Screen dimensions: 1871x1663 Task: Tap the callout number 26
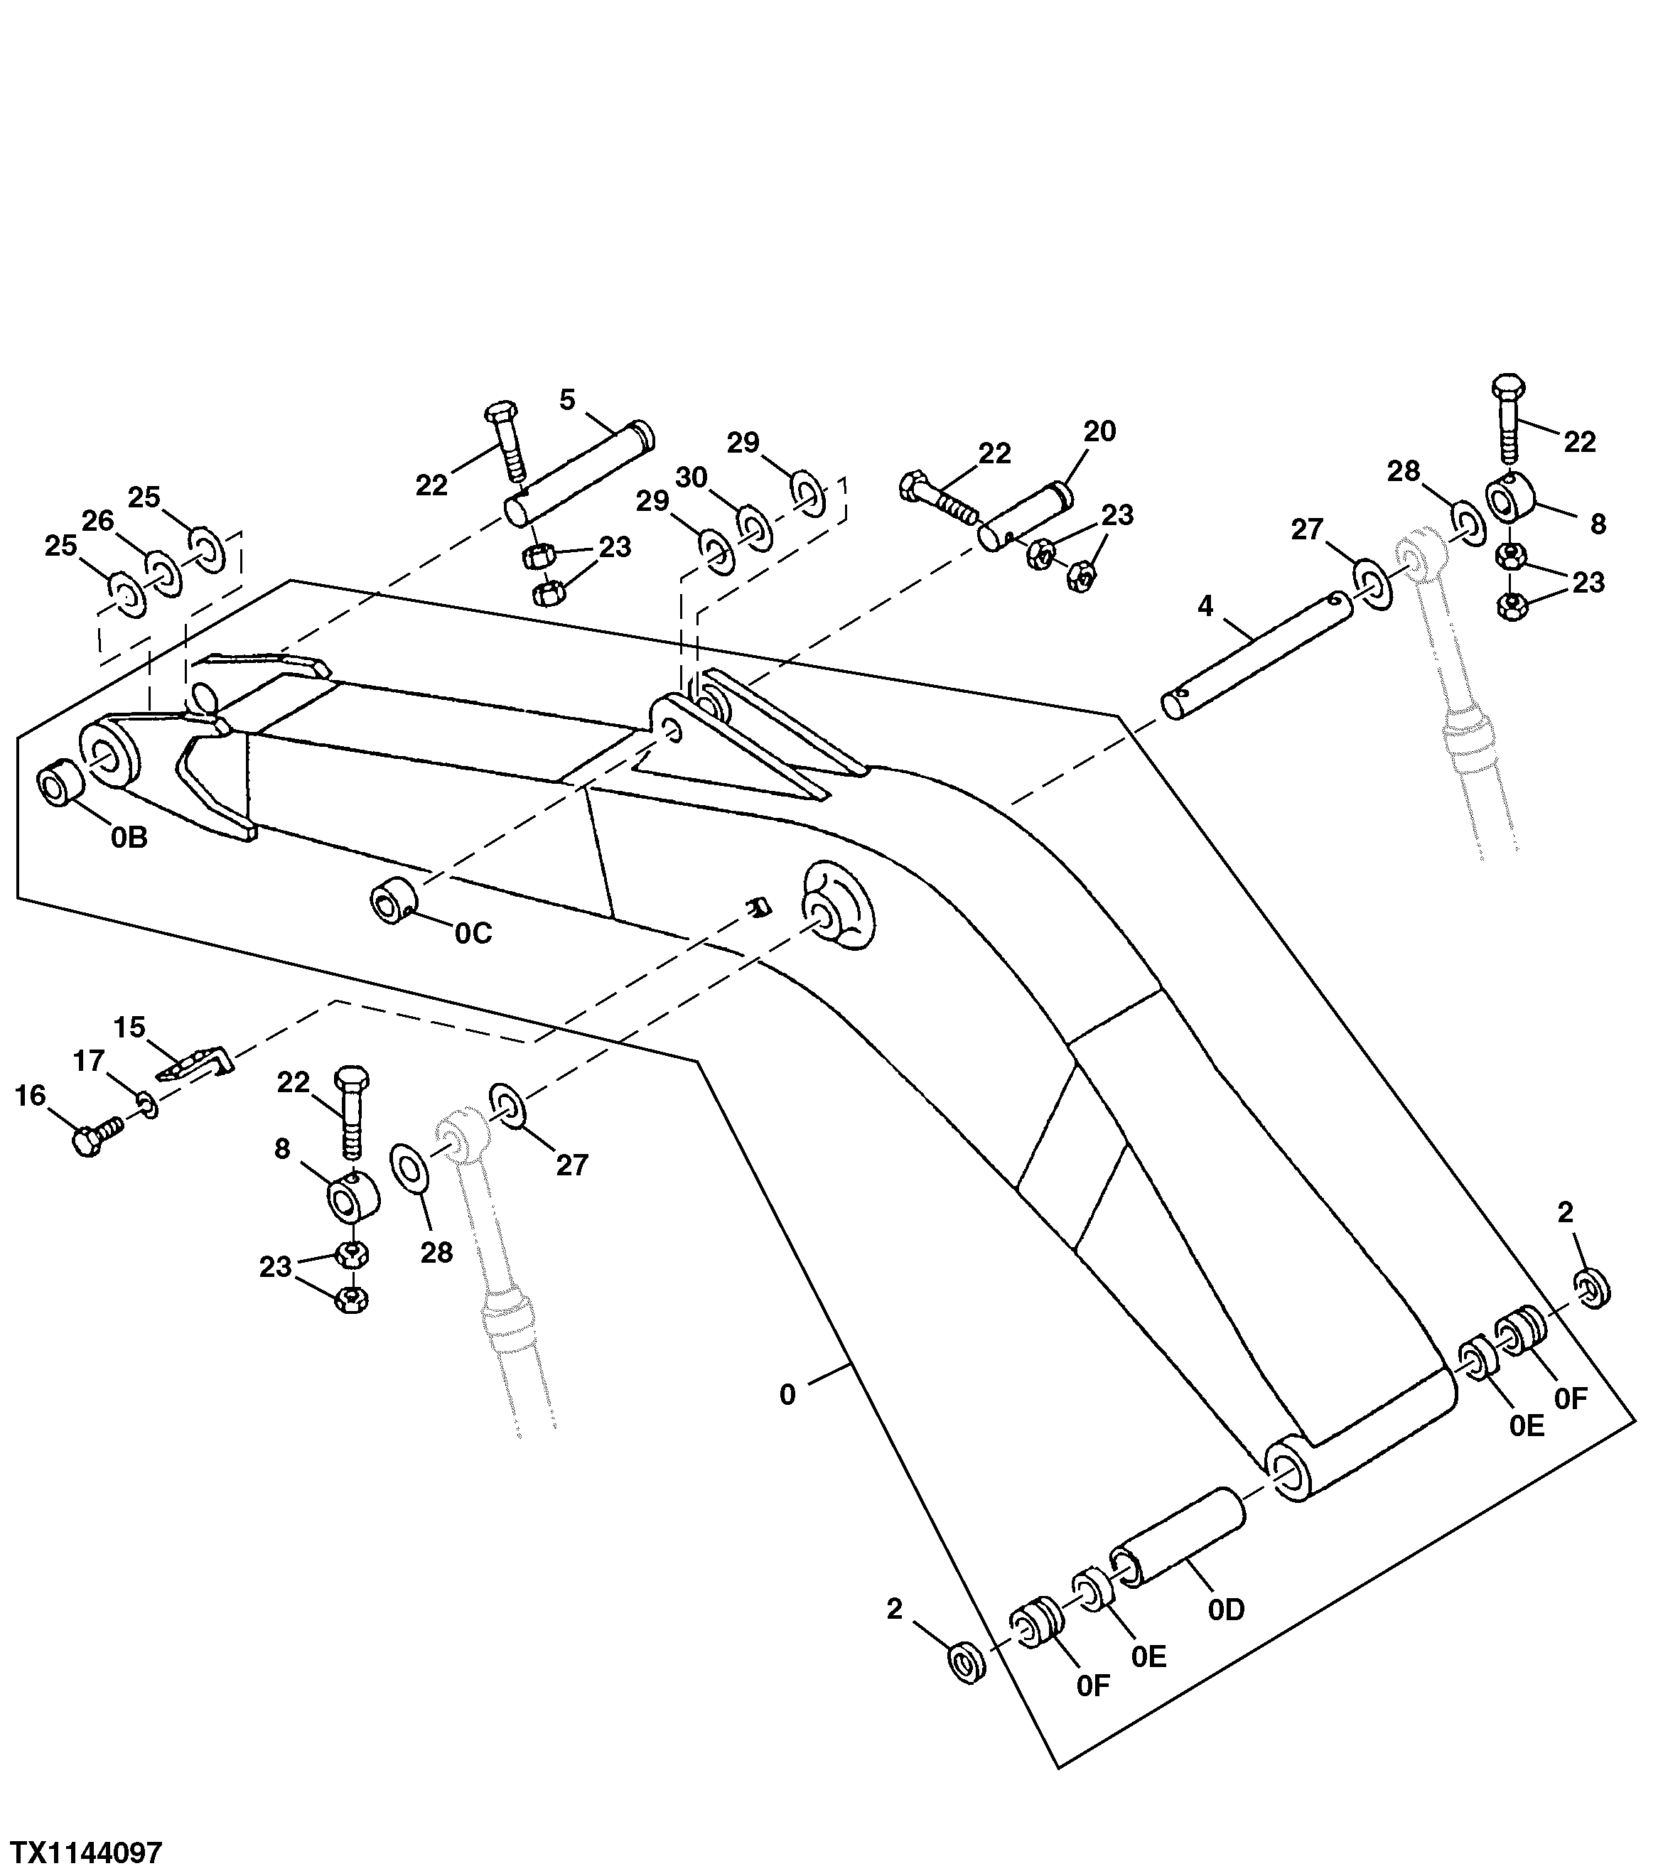point(98,521)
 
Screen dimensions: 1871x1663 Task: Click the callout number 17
point(89,1061)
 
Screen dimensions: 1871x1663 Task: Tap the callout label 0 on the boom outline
point(787,1395)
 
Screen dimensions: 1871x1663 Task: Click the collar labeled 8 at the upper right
point(1508,501)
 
